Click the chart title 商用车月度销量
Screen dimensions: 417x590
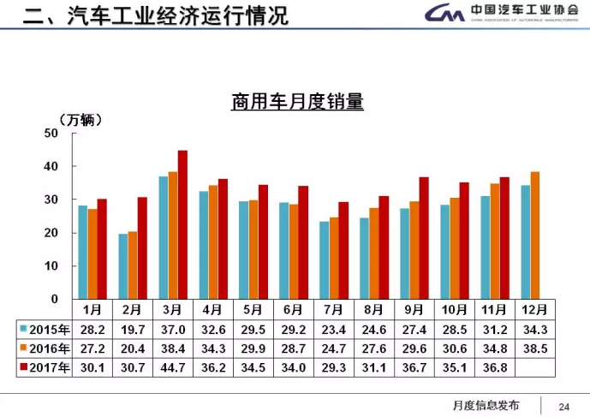pos(297,103)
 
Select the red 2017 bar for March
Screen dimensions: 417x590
pos(182,224)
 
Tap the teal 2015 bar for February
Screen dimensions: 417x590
pos(123,265)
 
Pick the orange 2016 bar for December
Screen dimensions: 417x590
pos(535,235)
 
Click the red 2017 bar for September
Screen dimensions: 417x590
pos(423,237)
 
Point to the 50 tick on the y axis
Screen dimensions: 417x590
pos(51,133)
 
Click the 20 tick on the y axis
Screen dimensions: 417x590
pos(51,233)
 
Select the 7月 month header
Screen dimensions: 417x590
pos(334,308)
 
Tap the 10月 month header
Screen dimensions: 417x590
pos(455,308)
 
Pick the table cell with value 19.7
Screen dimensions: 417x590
pos(133,329)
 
